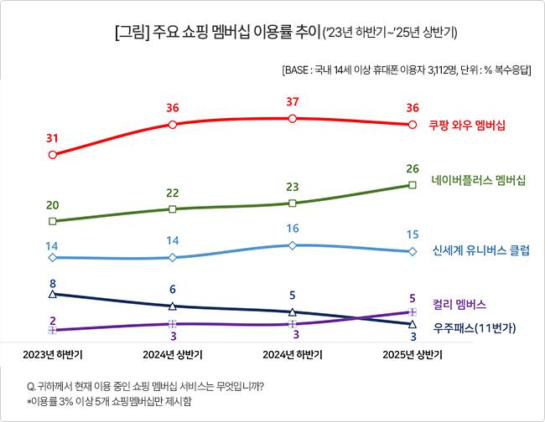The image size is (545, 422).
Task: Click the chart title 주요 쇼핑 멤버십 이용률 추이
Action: (x=226, y=33)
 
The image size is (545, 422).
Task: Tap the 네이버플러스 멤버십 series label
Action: (x=478, y=180)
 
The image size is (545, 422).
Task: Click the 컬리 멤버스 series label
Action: (x=459, y=305)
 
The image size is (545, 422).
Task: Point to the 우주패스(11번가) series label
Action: (x=474, y=327)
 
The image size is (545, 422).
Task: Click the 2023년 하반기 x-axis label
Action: (x=53, y=354)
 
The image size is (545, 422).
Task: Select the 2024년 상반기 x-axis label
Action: (x=172, y=354)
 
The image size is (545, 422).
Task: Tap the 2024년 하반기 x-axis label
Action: (x=292, y=354)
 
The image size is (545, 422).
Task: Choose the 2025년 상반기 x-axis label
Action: (x=413, y=354)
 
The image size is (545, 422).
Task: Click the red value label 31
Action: (x=53, y=138)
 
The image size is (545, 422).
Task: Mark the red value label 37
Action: (x=292, y=102)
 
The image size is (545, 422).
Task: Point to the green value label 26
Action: (x=413, y=168)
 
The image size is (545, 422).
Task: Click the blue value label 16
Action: (x=292, y=229)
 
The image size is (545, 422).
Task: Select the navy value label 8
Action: (x=53, y=282)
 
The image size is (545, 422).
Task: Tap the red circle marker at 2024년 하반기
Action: (x=292, y=119)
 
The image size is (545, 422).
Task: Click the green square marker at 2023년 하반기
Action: (x=53, y=221)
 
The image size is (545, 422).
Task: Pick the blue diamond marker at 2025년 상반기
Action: (x=413, y=251)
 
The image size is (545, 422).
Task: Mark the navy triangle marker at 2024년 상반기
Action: (x=172, y=306)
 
